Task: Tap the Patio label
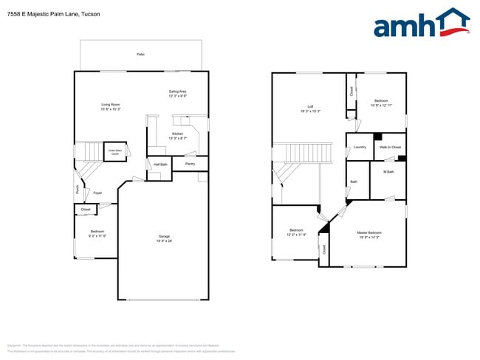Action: coord(140,55)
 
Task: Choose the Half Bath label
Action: coord(160,164)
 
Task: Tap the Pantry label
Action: coord(190,163)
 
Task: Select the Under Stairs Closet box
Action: coord(114,151)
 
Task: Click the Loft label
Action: coord(301,108)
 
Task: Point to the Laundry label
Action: coord(360,147)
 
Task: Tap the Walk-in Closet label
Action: coord(390,147)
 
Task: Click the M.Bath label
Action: coord(388,172)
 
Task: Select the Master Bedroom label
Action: coord(370,234)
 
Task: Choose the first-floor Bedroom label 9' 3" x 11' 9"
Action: coord(97,234)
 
